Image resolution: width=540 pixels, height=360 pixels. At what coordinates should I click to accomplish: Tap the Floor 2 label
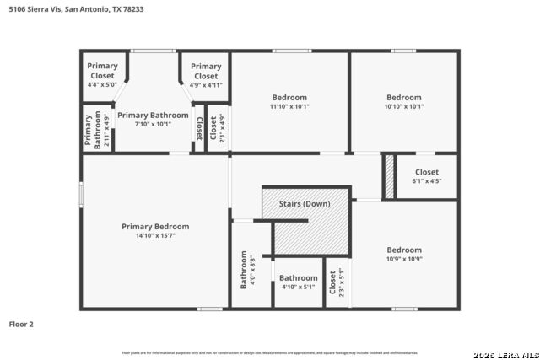(x=21, y=323)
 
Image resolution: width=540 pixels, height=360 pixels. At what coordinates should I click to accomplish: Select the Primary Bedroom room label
(x=155, y=226)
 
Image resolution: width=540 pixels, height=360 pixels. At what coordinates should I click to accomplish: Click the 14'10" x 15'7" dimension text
(x=155, y=235)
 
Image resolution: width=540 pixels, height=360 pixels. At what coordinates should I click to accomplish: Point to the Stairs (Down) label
(x=305, y=204)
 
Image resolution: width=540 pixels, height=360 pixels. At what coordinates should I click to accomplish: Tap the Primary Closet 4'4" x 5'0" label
(x=102, y=74)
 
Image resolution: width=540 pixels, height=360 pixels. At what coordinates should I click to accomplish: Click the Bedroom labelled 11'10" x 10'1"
(x=289, y=101)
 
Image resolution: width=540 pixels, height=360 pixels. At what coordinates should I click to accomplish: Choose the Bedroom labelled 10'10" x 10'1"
(x=404, y=101)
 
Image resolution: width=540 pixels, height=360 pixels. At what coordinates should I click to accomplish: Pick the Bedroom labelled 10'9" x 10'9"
(x=404, y=254)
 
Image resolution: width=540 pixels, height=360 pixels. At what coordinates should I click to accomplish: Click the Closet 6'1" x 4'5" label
(x=425, y=175)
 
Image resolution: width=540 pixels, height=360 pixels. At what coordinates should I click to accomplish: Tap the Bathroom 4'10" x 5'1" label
(x=298, y=282)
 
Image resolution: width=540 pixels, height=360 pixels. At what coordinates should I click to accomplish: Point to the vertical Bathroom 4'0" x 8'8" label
(x=248, y=270)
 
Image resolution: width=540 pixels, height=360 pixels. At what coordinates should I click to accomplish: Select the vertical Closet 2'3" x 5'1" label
(x=337, y=282)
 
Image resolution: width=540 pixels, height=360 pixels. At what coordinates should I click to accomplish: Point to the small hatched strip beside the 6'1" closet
(x=389, y=176)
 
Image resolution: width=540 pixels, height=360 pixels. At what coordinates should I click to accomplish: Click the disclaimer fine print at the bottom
(x=270, y=352)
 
